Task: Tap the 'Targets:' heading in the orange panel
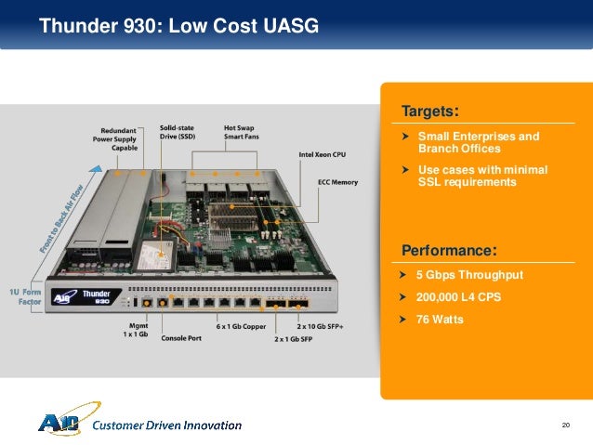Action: [429, 111]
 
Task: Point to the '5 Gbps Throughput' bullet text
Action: [469, 275]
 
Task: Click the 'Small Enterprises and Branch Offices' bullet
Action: [478, 142]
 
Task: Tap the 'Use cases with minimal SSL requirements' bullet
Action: [482, 176]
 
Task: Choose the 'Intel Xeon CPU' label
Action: [323, 154]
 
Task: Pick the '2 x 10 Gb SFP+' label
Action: [321, 327]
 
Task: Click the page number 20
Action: [565, 425]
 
